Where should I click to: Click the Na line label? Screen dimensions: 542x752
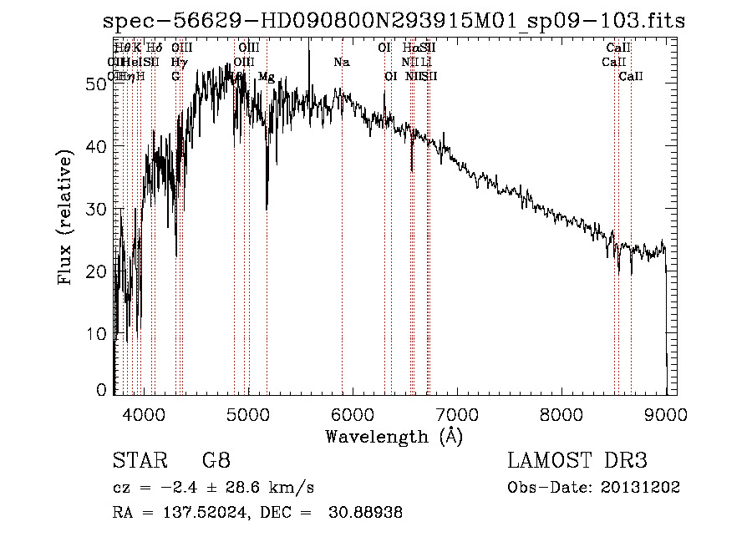point(342,62)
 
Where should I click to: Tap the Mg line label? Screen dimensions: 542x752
point(266,77)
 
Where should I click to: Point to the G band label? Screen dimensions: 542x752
point(175,77)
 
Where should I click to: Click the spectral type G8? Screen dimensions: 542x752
point(216,461)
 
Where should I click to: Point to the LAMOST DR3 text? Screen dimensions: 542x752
point(577,461)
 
